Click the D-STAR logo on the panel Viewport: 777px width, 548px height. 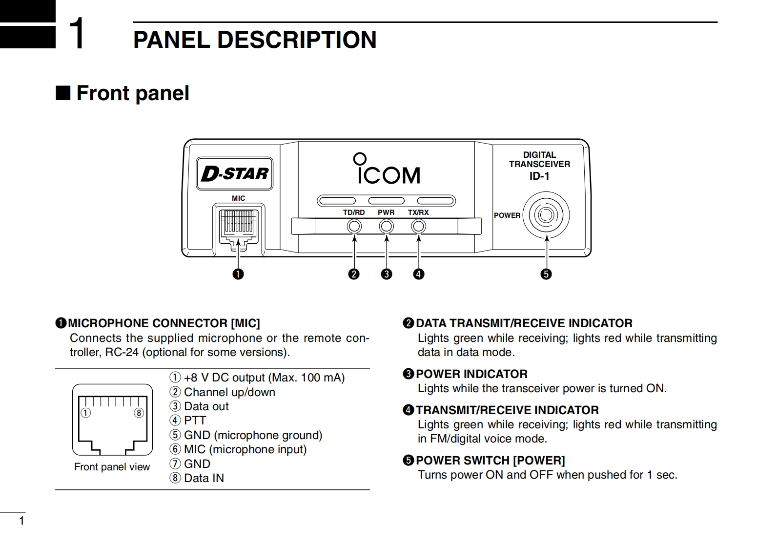(235, 173)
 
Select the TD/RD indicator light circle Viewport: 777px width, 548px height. (354, 227)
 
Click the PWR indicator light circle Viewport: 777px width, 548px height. (387, 227)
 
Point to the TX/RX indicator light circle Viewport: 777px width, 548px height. (418, 227)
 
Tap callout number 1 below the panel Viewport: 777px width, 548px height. (238, 274)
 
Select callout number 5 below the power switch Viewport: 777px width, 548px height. (546, 274)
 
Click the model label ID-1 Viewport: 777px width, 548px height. (539, 176)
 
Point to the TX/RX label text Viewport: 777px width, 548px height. (418, 212)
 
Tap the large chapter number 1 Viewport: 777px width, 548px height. (77, 34)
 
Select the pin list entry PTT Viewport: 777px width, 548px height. (195, 421)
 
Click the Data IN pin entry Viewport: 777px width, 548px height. (204, 478)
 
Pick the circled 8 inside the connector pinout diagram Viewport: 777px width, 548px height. (139, 413)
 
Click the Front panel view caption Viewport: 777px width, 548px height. (112, 467)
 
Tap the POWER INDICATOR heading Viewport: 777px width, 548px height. (471, 374)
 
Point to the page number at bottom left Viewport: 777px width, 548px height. (21, 521)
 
